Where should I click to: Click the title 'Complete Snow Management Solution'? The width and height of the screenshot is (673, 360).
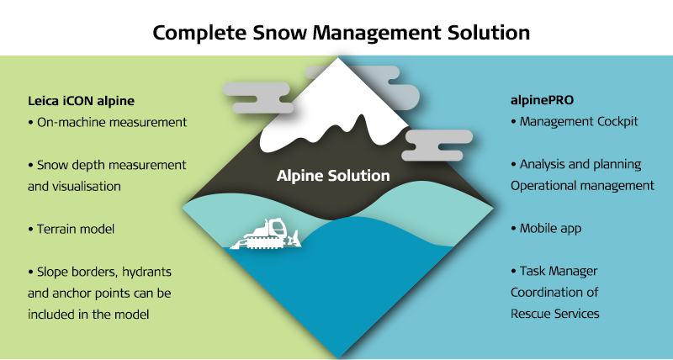[x=342, y=33]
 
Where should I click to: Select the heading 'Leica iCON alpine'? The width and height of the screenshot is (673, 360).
[x=81, y=101]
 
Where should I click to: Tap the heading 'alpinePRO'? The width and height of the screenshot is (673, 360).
[x=542, y=100]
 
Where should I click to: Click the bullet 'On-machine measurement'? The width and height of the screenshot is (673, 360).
[x=108, y=122]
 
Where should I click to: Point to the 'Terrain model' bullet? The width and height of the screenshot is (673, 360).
[x=72, y=229]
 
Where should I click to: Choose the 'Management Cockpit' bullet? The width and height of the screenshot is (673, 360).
[x=575, y=121]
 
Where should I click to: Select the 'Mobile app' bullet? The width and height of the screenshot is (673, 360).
[x=546, y=228]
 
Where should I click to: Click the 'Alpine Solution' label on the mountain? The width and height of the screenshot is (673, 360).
[x=333, y=176]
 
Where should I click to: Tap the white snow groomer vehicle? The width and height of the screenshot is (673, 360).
[x=266, y=235]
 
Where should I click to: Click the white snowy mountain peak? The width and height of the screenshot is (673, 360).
[x=335, y=112]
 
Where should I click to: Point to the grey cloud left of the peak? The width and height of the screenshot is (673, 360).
[x=257, y=98]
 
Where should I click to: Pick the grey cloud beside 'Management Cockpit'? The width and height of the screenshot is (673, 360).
[x=437, y=145]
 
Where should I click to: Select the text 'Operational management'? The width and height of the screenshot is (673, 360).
[x=582, y=186]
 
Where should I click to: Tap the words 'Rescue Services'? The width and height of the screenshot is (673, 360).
[x=555, y=314]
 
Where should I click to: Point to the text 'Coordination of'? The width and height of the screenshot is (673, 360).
[x=554, y=292]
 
